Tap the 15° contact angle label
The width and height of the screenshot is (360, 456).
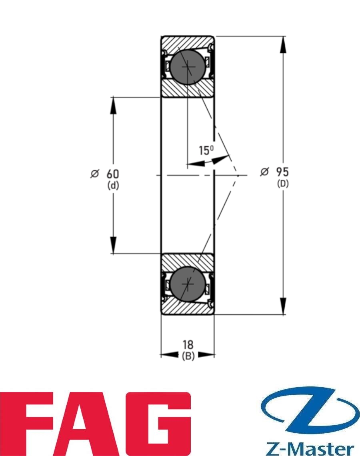pyautogui.click(x=206, y=151)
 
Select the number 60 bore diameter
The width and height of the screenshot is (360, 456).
pyautogui.click(x=113, y=174)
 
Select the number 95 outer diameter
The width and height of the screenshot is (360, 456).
pyautogui.click(x=282, y=172)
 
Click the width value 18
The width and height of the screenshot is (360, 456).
pyautogui.click(x=188, y=344)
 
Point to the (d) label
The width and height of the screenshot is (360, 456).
pyautogui.click(x=113, y=186)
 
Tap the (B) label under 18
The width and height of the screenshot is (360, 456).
pyautogui.click(x=188, y=356)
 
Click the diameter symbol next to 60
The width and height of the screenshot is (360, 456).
pyautogui.click(x=94, y=174)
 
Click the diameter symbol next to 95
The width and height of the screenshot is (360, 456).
pyautogui.click(x=264, y=172)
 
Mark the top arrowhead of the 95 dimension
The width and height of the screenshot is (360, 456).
pyautogui.click(x=284, y=44)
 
